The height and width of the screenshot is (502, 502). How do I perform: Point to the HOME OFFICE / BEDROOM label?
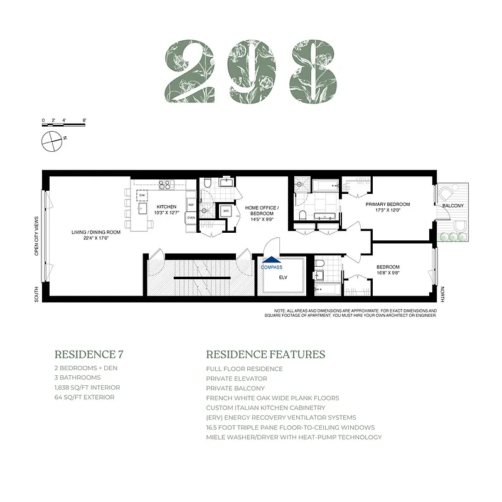click(x=262, y=211)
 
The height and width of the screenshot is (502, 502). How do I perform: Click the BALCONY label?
click(x=453, y=206)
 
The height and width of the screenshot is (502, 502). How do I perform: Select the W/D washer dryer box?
click(x=225, y=211)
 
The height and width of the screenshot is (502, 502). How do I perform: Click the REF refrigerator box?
click(x=191, y=205)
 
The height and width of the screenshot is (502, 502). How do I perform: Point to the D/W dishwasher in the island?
click(x=142, y=195)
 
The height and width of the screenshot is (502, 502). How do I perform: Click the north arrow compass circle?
click(x=51, y=141)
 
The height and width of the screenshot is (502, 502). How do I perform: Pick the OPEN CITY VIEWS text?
click(x=36, y=236)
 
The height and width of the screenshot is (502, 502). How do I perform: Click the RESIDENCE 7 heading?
click(x=85, y=355)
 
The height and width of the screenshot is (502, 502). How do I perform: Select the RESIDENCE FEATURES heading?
click(x=265, y=355)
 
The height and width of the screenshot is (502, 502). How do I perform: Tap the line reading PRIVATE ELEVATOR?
click(x=237, y=378)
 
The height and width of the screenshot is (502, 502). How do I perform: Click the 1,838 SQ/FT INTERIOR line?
click(x=87, y=388)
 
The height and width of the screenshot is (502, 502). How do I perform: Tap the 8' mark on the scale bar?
click(x=83, y=120)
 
